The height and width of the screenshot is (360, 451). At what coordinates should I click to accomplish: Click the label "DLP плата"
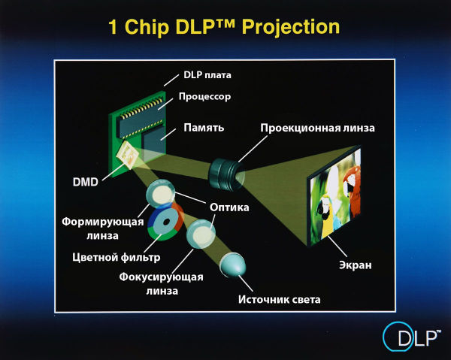pos(207,75)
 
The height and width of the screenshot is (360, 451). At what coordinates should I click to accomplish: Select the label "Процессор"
pos(204,96)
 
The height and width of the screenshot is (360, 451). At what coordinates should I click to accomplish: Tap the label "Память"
pos(204,127)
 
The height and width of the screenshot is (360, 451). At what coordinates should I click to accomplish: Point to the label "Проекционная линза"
pos(317,128)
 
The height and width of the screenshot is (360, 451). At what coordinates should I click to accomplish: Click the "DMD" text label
pos(86,182)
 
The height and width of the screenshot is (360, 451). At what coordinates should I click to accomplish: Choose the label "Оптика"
pos(229,207)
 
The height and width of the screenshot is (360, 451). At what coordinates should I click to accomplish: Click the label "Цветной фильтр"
pos(117,257)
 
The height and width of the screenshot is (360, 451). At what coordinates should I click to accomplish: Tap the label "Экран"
pos(356,265)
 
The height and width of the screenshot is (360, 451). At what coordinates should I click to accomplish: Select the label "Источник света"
pos(280,300)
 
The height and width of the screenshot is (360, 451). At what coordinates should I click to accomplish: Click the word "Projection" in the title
pos(291,27)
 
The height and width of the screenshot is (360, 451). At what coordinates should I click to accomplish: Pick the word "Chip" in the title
pos(147,27)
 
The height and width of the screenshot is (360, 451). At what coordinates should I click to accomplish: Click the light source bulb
pos(233,265)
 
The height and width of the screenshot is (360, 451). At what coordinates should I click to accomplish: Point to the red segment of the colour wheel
pos(178,217)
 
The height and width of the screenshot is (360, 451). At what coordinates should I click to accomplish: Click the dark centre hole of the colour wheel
pos(167,222)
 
